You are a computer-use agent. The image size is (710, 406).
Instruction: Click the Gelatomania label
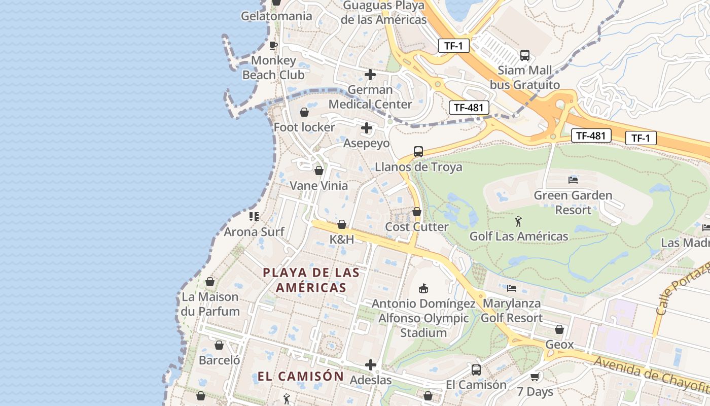[x=276, y=16]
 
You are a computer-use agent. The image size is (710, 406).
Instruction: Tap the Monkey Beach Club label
[x=273, y=67]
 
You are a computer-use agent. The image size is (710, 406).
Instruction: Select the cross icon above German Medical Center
[x=370, y=75]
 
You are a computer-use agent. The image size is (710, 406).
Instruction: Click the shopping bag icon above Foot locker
[x=304, y=112]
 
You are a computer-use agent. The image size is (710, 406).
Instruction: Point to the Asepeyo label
[x=367, y=143]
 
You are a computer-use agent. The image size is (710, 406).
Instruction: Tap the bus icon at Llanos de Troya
[x=418, y=151]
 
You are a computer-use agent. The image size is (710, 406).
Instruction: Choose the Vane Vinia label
[x=318, y=186]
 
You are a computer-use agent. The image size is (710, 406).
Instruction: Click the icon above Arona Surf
[x=254, y=217]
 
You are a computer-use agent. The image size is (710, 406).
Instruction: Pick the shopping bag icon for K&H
[x=342, y=224]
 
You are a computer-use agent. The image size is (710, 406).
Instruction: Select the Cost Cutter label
[x=417, y=227]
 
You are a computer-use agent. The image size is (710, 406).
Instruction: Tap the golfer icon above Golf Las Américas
[x=518, y=221]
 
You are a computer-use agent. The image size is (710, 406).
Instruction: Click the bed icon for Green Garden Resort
[x=573, y=180]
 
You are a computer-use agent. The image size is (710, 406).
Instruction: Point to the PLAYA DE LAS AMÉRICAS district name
[x=311, y=280]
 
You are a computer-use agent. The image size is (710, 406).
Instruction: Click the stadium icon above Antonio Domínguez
[x=423, y=289]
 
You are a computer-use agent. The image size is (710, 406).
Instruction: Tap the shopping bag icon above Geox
[x=559, y=330]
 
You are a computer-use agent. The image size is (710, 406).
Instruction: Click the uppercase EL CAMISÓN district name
[x=301, y=377]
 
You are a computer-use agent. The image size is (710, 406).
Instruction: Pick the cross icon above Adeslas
[x=371, y=365]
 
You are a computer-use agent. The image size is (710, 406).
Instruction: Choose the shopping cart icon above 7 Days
[x=535, y=377]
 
